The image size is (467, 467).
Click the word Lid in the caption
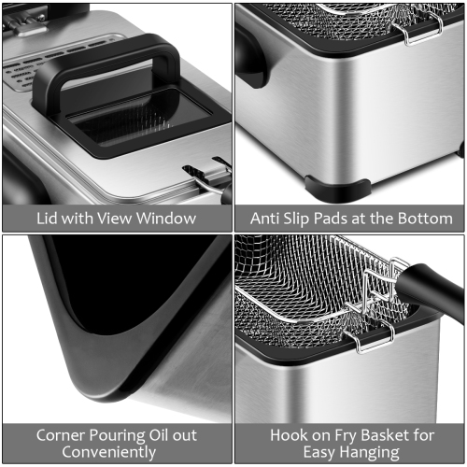pos(49,219)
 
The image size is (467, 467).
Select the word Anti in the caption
pos(266,219)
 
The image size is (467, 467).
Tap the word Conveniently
pos(116,453)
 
